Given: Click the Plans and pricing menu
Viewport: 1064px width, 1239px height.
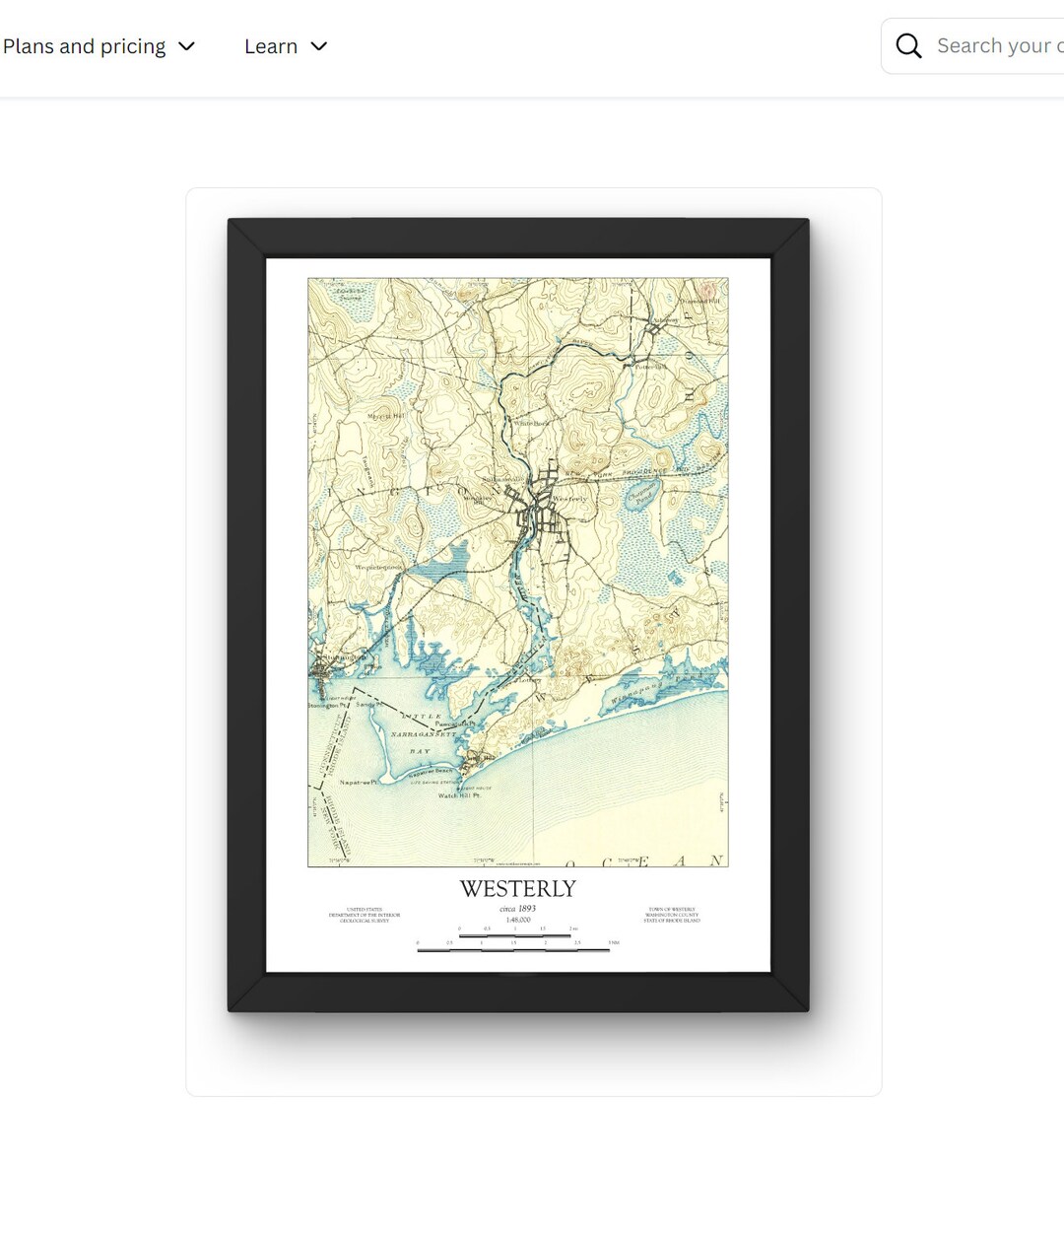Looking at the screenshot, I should pos(99,46).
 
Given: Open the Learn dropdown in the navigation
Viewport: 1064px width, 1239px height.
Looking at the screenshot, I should pos(285,46).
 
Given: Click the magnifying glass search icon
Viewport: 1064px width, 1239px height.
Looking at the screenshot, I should pos(908,46).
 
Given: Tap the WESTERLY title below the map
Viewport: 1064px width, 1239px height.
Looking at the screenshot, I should pos(518,889).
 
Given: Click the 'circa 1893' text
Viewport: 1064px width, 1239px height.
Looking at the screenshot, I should pos(518,909).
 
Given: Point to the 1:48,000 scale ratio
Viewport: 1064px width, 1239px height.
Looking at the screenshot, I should pos(518,920).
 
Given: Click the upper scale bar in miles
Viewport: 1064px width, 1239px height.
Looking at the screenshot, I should pos(515,934).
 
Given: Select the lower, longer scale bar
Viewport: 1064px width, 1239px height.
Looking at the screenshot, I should pos(515,950).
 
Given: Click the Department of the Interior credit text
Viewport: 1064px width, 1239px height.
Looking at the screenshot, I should pos(365,915).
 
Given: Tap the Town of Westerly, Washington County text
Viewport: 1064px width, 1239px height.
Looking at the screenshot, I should pos(672,915).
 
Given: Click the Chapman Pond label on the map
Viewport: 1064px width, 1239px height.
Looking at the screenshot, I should pos(641,494).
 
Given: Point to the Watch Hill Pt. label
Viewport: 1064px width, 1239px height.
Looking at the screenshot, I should pos(459,795).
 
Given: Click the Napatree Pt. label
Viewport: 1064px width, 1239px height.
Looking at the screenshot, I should pos(359,782).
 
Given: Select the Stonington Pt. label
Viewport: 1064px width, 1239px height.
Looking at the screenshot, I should pos(326,706).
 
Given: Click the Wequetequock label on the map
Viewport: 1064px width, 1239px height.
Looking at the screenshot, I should pos(378,568).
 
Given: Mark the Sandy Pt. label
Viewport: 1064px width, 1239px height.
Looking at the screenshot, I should pos(366,705).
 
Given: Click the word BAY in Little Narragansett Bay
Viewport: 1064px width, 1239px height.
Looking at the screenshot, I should pos(421,751).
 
